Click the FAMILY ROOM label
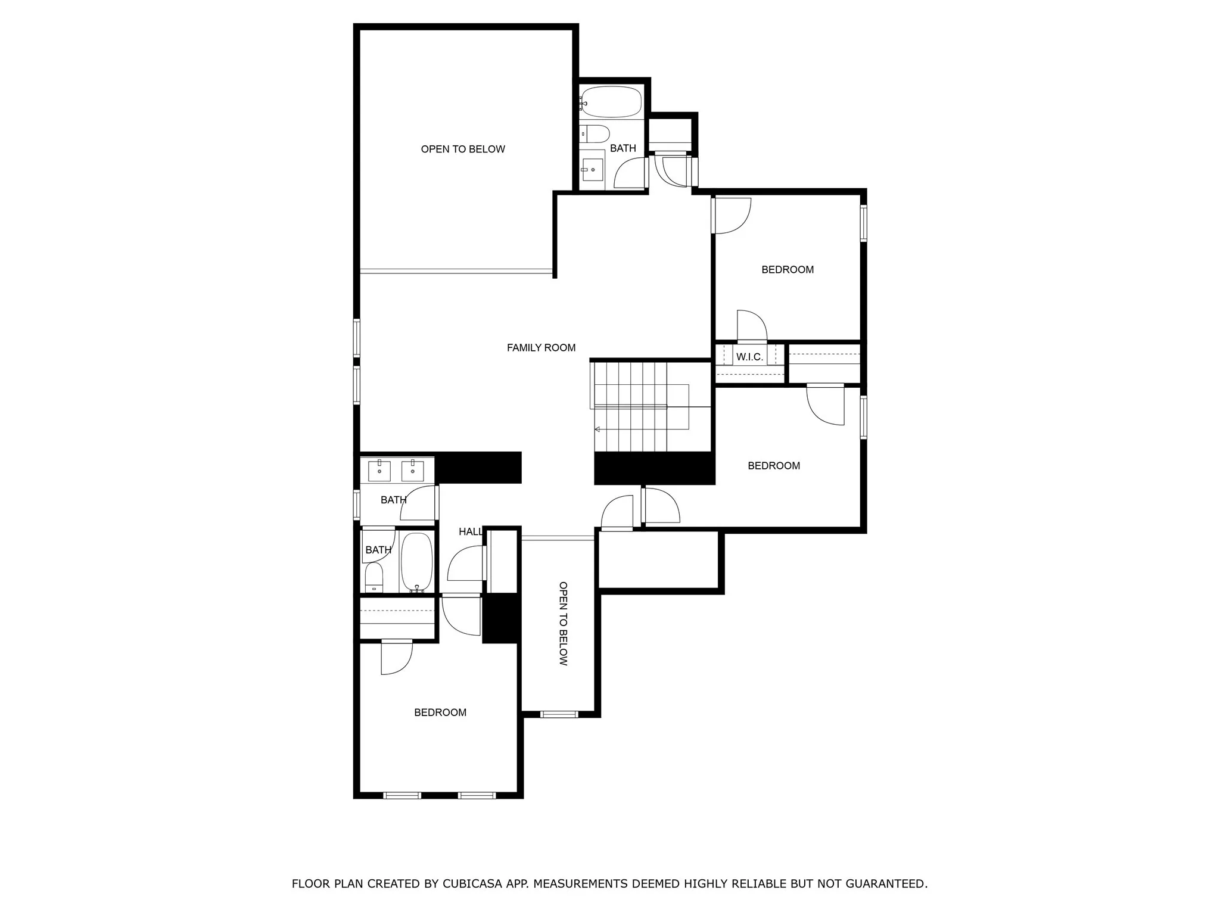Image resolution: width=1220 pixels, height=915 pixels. pos(541,348)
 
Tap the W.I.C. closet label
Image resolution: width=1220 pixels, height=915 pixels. pos(749,357)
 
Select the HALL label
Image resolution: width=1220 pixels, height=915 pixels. pos(470,532)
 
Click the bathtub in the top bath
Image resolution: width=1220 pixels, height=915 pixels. pos(611,102)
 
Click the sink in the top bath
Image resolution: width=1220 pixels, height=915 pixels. pos(592,170)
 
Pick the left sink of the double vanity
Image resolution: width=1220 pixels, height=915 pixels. pos(379,471)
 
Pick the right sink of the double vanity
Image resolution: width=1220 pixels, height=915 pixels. pos(412,471)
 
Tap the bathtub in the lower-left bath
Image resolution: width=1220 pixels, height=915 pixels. pos(416,562)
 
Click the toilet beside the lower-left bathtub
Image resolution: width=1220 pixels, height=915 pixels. pos(374,577)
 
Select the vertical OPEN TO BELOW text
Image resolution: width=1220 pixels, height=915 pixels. pos(563,623)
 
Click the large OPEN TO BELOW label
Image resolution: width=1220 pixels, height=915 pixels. pos(463,150)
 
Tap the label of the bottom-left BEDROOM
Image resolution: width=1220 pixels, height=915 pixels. pos(440,712)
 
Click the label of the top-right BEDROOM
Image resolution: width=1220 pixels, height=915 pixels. pos(788,270)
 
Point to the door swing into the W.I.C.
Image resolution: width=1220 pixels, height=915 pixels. pos(752,325)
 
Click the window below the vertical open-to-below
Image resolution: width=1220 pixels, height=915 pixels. pos(559,714)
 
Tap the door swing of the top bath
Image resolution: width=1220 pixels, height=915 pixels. pos(630,173)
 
